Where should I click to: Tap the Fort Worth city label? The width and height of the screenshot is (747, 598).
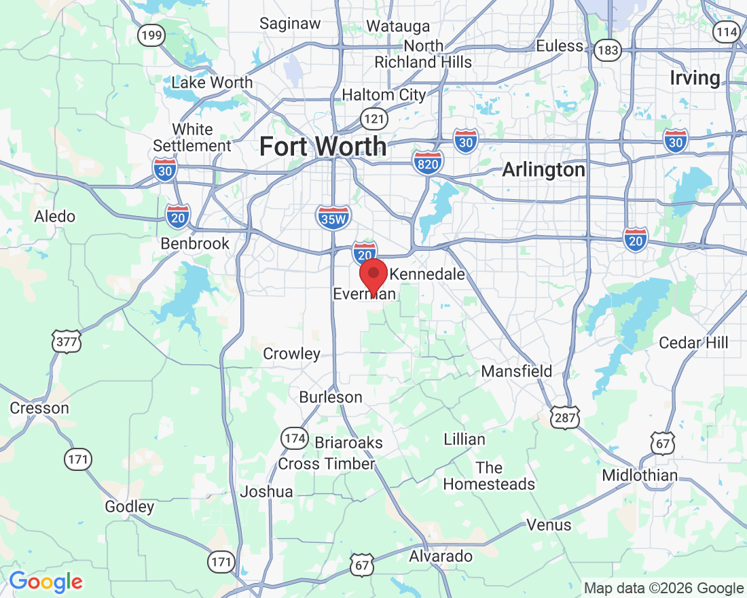tap(323, 146)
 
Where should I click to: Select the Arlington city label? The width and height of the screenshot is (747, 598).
tap(543, 170)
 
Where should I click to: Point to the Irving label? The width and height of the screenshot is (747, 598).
tap(695, 78)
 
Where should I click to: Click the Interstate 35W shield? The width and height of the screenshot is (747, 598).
tap(333, 217)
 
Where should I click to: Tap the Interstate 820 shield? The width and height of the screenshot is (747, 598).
tap(428, 162)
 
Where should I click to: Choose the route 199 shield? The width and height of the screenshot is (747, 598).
tap(151, 35)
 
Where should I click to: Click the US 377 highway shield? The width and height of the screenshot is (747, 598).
tap(67, 341)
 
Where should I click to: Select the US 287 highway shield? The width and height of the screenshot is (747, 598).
tap(565, 418)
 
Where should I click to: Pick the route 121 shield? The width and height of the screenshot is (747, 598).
tap(374, 118)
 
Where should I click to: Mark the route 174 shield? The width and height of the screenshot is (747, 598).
tap(295, 438)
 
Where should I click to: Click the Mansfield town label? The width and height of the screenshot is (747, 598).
tap(517, 372)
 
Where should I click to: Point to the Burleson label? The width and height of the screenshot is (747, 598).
tap(331, 397)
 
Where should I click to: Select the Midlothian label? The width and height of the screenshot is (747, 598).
tap(640, 476)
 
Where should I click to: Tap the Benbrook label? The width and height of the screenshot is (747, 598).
tap(195, 243)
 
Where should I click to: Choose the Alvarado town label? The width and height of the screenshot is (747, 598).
tap(441, 557)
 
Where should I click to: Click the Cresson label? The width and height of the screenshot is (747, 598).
tap(39, 408)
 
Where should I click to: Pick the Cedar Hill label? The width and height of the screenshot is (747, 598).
tap(693, 342)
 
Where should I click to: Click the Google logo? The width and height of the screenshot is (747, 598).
tap(45, 582)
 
